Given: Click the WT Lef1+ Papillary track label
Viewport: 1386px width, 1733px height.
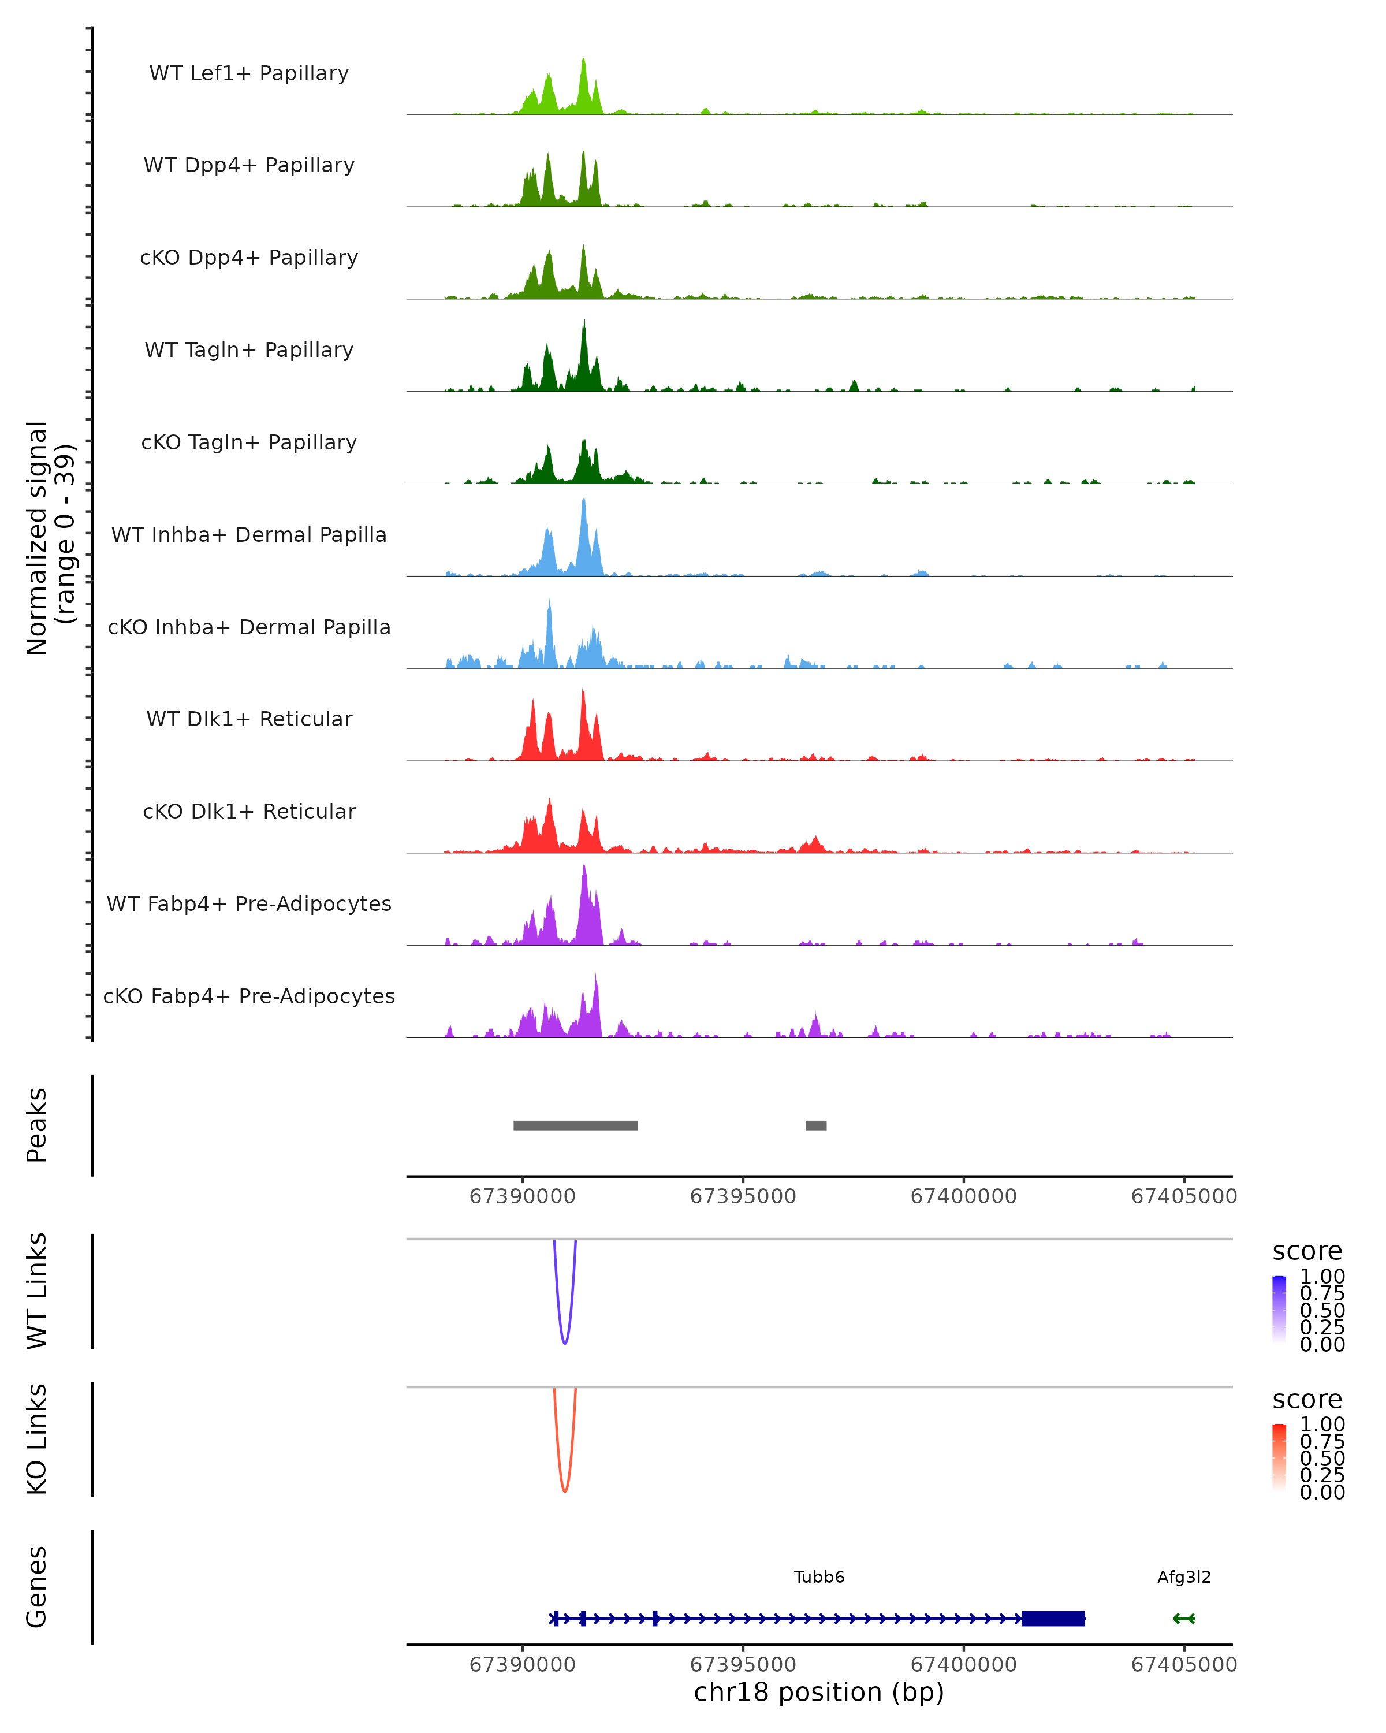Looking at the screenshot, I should point(249,73).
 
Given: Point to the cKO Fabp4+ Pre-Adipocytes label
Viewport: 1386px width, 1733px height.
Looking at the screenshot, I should point(249,996).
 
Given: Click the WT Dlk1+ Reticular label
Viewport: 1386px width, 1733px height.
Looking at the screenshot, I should point(249,719).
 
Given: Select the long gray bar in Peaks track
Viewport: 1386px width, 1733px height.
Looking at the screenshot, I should point(575,1125).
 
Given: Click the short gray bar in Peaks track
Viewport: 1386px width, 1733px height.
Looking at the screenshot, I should point(815,1125).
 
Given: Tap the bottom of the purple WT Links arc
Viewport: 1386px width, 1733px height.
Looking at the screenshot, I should point(565,1343).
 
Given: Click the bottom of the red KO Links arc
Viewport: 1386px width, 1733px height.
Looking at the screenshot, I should point(565,1491).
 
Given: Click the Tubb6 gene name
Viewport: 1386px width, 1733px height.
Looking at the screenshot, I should point(819,1577).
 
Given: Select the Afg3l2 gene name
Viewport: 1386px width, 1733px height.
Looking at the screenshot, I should point(1183,1577).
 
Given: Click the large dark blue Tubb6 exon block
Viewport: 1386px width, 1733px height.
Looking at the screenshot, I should point(1053,1618).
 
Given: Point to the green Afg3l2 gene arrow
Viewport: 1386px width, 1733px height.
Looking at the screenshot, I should point(1183,1618).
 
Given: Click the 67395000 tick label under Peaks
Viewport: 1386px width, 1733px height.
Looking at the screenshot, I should point(743,1196).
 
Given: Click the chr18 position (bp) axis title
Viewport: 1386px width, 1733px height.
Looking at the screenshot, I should point(819,1693).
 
